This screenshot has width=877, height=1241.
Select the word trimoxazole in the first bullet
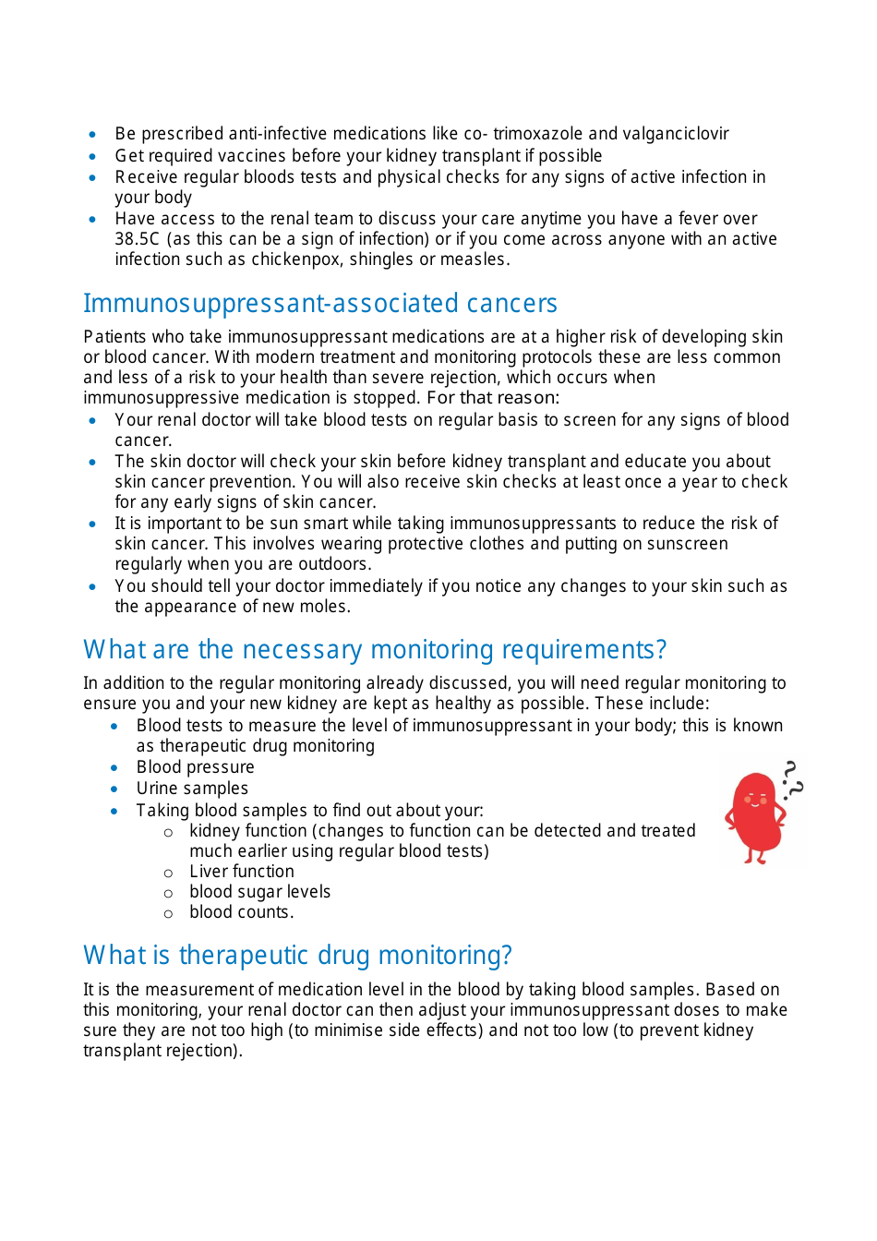pos(537,134)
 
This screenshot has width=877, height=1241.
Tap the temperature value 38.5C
pos(137,239)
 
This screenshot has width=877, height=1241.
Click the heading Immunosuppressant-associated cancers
pos(320,303)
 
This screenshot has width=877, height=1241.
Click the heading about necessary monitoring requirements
pos(374,649)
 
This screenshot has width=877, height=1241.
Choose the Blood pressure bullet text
pos(195,767)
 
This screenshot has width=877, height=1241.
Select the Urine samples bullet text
pos(192,789)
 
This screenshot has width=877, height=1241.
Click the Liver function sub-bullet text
pos(242,872)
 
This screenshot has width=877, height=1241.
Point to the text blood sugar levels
pos(259,892)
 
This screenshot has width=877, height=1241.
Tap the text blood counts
pos(241,912)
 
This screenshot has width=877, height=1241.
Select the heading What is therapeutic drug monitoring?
pos(297,955)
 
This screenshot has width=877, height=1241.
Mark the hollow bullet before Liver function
pos(168,873)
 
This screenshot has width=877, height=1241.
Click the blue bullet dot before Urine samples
pos(114,789)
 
